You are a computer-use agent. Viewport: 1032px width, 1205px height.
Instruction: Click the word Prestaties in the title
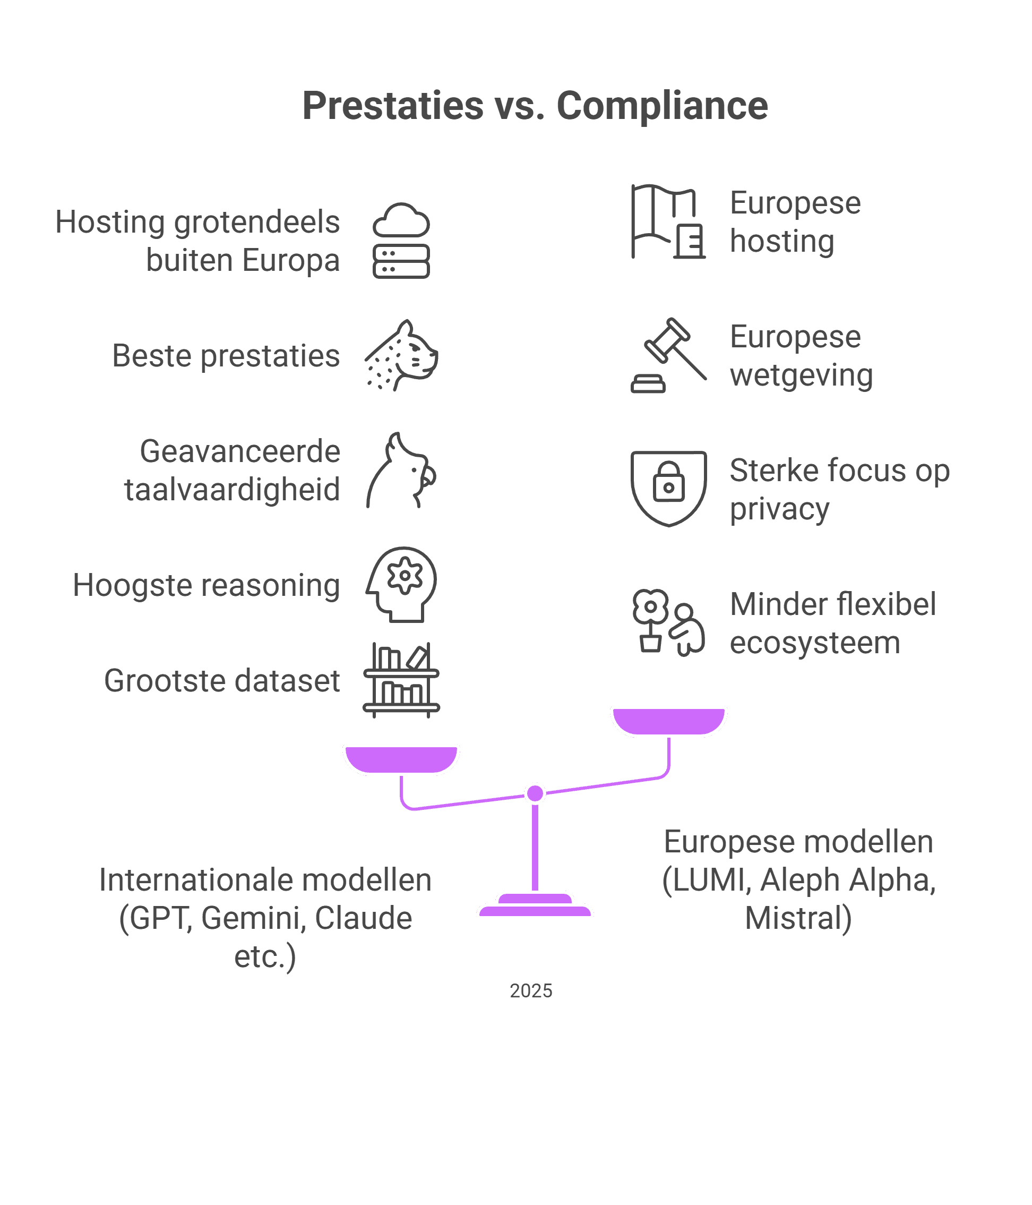(392, 106)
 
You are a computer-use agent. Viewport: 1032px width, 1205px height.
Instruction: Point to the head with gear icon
(401, 585)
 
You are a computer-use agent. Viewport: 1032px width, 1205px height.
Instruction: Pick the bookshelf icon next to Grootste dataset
(401, 680)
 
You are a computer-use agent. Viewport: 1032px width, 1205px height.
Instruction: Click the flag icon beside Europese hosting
(668, 221)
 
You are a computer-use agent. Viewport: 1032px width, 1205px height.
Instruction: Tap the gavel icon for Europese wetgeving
(668, 355)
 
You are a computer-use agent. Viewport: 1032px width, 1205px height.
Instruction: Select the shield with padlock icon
(668, 489)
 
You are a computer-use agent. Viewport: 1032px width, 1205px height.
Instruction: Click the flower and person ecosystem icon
(668, 623)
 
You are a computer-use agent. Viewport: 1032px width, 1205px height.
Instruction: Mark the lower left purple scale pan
(401, 759)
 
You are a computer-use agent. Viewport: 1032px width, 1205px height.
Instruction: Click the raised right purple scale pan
(668, 721)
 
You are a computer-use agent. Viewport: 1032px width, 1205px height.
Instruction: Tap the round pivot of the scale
(535, 793)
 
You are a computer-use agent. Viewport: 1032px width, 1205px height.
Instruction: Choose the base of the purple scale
(535, 907)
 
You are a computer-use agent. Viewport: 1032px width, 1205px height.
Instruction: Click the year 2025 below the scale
(531, 991)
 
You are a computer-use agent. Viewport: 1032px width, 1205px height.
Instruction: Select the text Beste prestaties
(226, 356)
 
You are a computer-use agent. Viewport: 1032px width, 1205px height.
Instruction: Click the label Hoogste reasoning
(206, 585)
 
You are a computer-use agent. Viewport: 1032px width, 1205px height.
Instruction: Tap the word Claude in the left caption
(364, 918)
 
